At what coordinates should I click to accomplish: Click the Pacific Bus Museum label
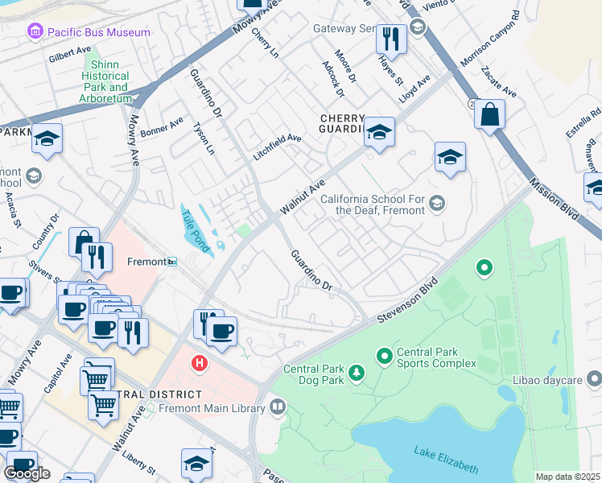tap(99, 32)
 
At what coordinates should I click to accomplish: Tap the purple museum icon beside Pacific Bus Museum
tap(35, 32)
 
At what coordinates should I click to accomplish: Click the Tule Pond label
tap(194, 229)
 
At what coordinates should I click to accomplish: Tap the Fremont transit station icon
tap(171, 262)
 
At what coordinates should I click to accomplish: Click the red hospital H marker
tap(199, 365)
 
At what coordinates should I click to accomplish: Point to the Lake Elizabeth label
tap(446, 460)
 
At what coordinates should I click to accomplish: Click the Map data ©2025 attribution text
tap(567, 477)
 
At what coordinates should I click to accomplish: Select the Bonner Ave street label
tap(161, 128)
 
